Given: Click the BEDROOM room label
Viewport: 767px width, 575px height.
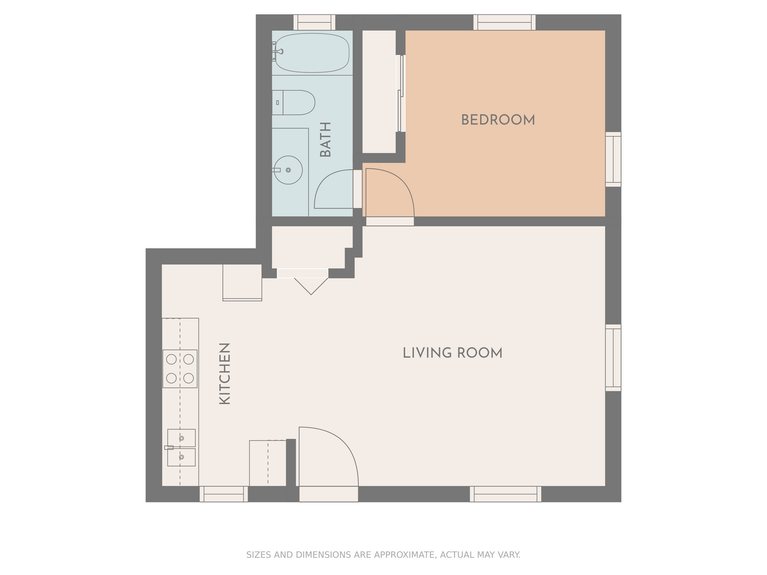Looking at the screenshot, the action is (x=497, y=120).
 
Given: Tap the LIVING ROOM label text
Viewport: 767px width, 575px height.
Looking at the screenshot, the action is (x=453, y=352).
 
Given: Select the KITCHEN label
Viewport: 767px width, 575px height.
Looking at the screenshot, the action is (x=225, y=374).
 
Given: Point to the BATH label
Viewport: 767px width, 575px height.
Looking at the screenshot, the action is (x=325, y=139).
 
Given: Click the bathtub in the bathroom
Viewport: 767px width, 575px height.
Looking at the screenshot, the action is (x=312, y=53).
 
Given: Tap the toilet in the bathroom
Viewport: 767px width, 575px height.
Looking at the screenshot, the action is (x=293, y=103).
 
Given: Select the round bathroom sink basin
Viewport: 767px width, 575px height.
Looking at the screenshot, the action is (x=288, y=170).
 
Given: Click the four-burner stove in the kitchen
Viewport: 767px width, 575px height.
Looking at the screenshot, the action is (x=180, y=368).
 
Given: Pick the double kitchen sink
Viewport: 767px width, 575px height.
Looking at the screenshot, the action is (x=181, y=448).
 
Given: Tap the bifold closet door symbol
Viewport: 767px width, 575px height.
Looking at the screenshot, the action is (x=311, y=286).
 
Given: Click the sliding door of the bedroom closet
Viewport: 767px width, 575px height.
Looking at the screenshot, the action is (x=401, y=93).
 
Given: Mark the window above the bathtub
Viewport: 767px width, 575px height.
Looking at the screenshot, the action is (x=314, y=22).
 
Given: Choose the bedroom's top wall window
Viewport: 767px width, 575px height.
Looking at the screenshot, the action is (x=504, y=22).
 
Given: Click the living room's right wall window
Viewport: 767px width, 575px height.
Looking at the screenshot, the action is (x=613, y=358).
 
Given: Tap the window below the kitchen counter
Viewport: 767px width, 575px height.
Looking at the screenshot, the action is (x=224, y=494).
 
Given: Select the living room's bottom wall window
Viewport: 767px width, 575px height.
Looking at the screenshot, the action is (x=505, y=494).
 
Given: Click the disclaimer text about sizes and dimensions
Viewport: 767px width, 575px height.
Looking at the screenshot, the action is (x=383, y=555).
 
